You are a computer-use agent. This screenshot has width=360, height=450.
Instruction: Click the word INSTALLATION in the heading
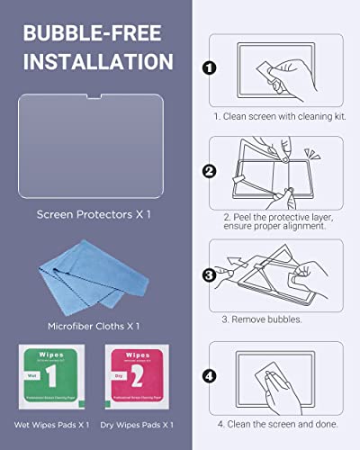(97, 62)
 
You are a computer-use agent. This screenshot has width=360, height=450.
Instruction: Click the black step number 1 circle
(209, 67)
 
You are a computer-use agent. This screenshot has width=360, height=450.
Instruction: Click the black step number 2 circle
(209, 170)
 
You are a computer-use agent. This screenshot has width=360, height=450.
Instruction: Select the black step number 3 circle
(209, 275)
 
